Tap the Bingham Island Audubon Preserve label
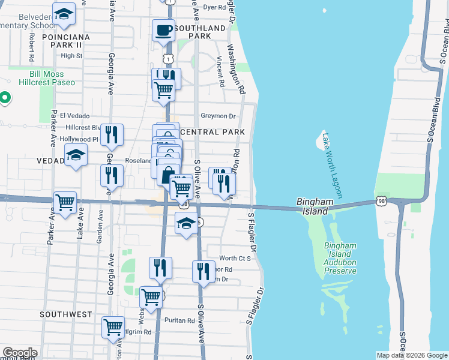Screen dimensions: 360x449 coord(340,258)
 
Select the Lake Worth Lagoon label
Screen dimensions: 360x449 coord(331,165)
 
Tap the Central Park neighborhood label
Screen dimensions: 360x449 coord(212,131)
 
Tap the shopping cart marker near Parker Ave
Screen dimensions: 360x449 coord(65,203)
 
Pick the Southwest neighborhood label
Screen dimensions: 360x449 coord(66,314)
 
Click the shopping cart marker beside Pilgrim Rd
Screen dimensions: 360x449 coord(113,327)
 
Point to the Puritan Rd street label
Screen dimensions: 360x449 coord(182,320)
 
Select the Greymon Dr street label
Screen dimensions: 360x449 coord(218,116)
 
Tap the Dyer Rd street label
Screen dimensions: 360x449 coord(214,8)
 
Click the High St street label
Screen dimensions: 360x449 coord(71,56)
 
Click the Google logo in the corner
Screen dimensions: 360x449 coord(20,353)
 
